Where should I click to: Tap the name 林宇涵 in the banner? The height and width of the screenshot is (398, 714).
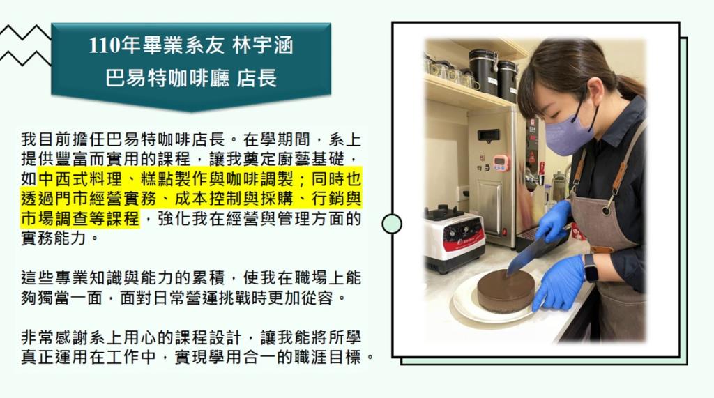[x=262, y=45]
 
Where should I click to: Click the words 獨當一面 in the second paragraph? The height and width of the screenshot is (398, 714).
[x=70, y=298]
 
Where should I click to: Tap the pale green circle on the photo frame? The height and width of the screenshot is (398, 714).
[x=392, y=224]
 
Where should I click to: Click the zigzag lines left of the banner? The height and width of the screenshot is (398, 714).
[x=26, y=45]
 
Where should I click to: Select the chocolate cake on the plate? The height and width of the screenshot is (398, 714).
[x=506, y=291]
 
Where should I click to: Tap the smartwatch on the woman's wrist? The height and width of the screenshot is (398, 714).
[x=591, y=268]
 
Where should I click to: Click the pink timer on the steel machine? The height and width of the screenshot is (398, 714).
[x=501, y=162]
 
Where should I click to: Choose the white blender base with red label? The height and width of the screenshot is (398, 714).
[x=455, y=240]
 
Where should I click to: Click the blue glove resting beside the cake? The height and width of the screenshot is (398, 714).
[x=559, y=282]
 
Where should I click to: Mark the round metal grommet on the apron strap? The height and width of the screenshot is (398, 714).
[x=606, y=211]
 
